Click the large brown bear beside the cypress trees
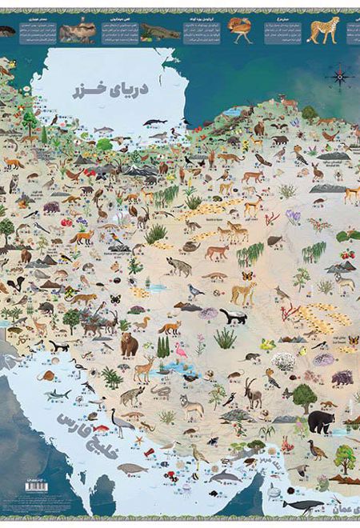click(129, 344)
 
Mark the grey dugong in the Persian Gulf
click(133, 469)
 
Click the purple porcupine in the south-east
click(342, 377)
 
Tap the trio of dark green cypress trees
click(163, 346)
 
